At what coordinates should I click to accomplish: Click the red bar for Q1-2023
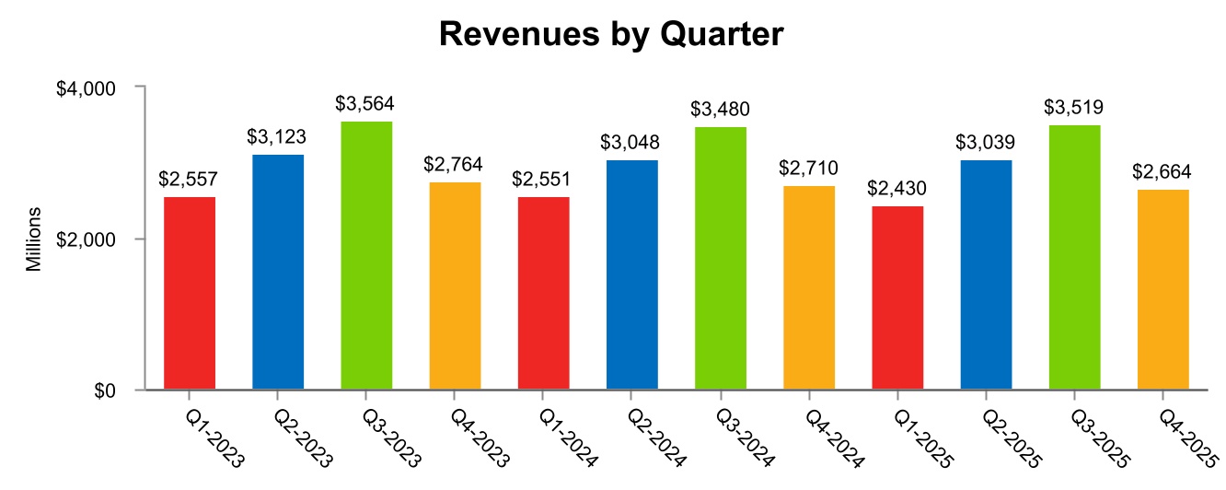point(190,293)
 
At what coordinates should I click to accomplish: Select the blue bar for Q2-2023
point(278,272)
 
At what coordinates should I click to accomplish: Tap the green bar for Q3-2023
point(366,255)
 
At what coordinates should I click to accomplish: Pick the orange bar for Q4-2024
point(809,287)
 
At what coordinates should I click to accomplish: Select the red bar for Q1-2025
point(897,297)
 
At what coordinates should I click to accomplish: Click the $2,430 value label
point(896,189)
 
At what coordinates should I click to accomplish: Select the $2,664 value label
point(1162,172)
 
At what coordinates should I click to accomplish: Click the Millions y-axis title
point(34,239)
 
